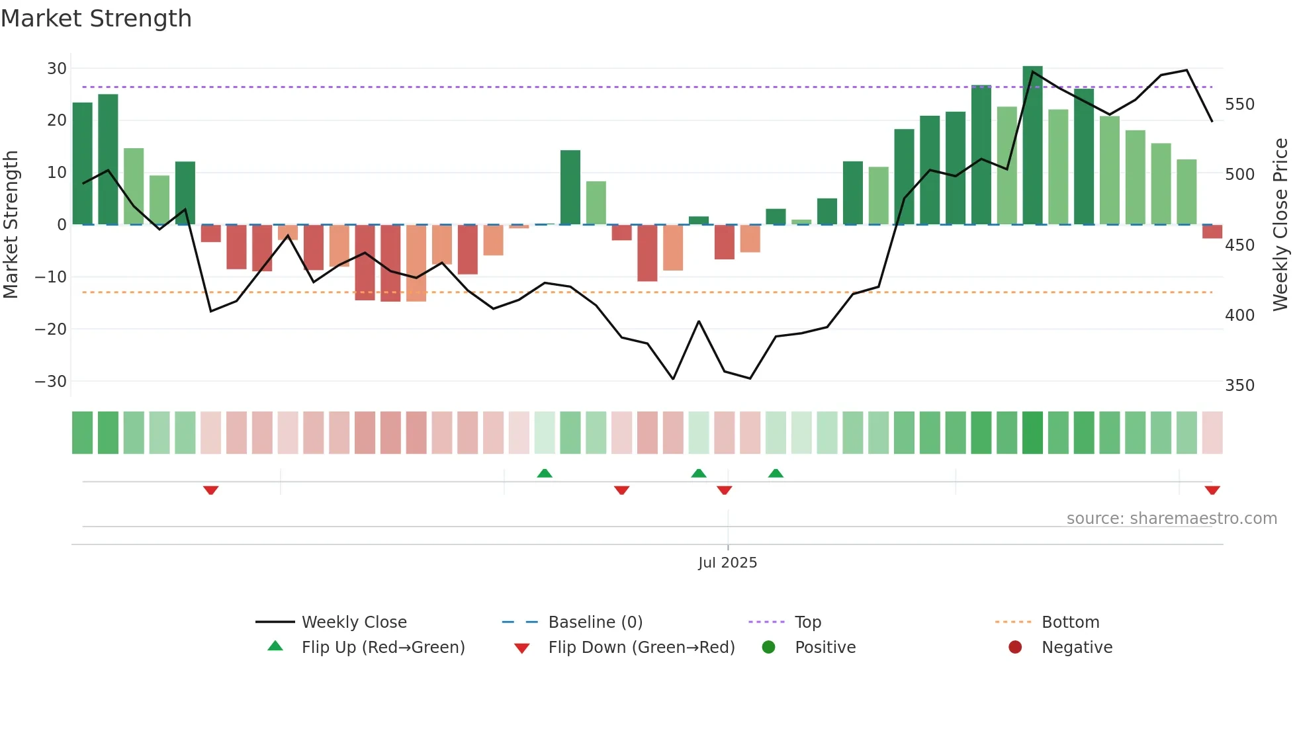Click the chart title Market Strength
pos(96,19)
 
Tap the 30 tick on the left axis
pos(57,69)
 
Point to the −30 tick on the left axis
pos(51,382)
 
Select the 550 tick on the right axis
pos(1239,105)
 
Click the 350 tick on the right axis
pos(1239,386)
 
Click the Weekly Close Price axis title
pos(1280,225)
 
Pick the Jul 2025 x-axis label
pos(727,563)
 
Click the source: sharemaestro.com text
pos(1171,519)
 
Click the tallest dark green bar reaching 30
pos(1032,146)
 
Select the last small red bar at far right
pos(1212,232)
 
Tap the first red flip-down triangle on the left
pos(211,490)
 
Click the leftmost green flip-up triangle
pos(545,473)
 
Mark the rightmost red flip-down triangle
pos(1212,490)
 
